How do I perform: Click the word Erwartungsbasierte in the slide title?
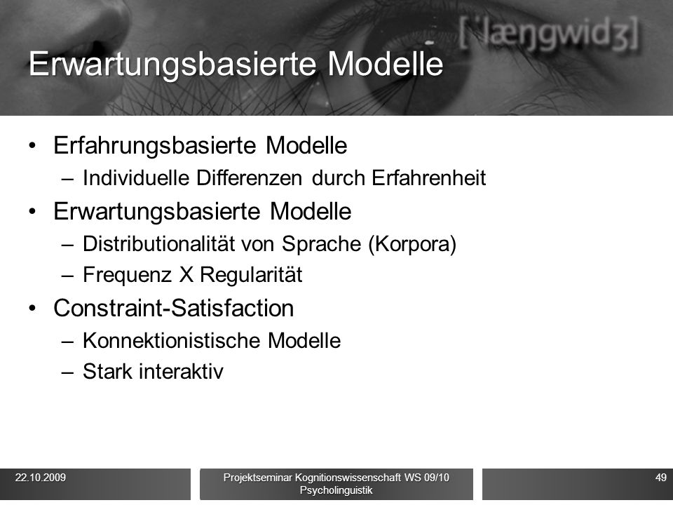(172, 64)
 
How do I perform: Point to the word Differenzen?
(249, 177)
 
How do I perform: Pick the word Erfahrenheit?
(429, 177)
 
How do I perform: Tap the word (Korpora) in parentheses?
(412, 244)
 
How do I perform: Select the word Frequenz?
(127, 275)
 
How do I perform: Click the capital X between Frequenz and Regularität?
(186, 274)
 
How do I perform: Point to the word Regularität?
(251, 275)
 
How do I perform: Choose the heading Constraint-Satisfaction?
(173, 308)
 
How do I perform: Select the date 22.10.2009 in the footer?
(41, 478)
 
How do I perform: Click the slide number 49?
(661, 478)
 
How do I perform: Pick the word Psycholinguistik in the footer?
(336, 490)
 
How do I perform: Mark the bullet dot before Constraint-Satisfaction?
(33, 309)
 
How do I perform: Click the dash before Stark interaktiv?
(67, 372)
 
